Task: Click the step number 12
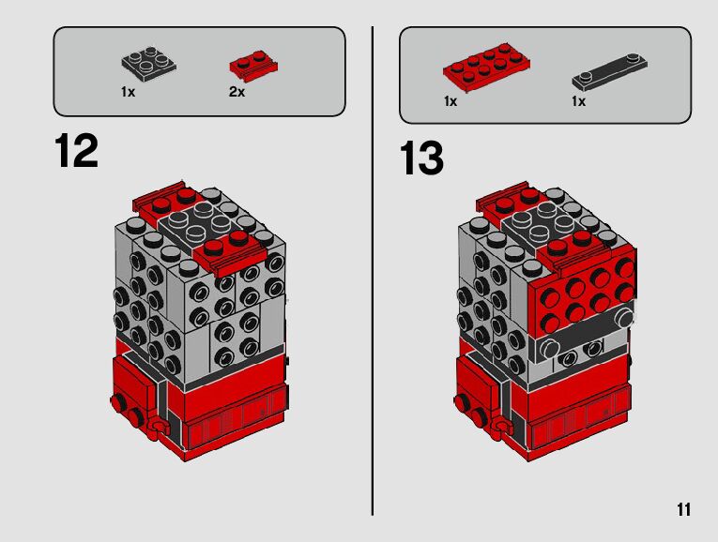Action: [x=76, y=150]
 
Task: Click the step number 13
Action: [x=421, y=158]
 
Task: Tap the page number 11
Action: [x=683, y=509]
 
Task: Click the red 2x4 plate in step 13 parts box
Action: [x=487, y=68]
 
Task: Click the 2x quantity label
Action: [x=237, y=92]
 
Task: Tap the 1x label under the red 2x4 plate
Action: [x=451, y=101]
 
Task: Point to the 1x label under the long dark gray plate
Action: [x=578, y=101]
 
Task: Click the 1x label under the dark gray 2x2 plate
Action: [x=129, y=92]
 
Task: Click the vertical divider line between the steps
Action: [x=373, y=271]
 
